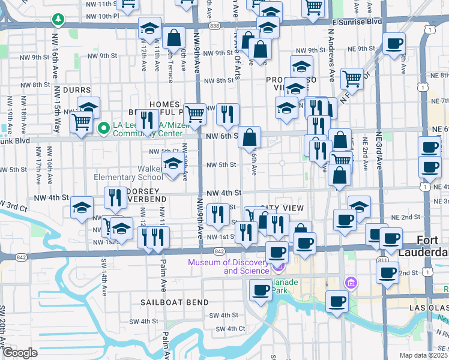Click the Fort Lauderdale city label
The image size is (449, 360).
click(432, 246)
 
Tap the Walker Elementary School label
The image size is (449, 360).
click(128, 173)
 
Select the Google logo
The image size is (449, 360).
click(20, 352)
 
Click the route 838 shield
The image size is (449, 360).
click(215, 25)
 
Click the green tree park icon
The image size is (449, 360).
click(58, 20)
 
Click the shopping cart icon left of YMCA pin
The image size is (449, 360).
click(80, 122)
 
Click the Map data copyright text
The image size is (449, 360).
click(423, 355)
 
